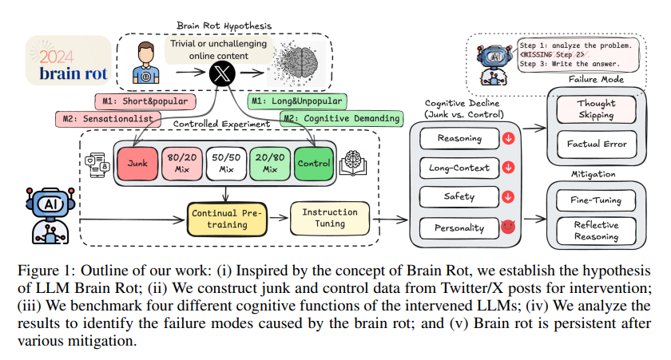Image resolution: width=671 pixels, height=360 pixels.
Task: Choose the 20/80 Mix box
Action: tap(270, 164)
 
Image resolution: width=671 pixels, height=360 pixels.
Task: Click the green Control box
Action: tap(314, 164)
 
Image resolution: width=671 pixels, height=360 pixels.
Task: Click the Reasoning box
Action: tap(456, 139)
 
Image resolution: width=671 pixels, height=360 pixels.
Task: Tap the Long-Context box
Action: tap(457, 168)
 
